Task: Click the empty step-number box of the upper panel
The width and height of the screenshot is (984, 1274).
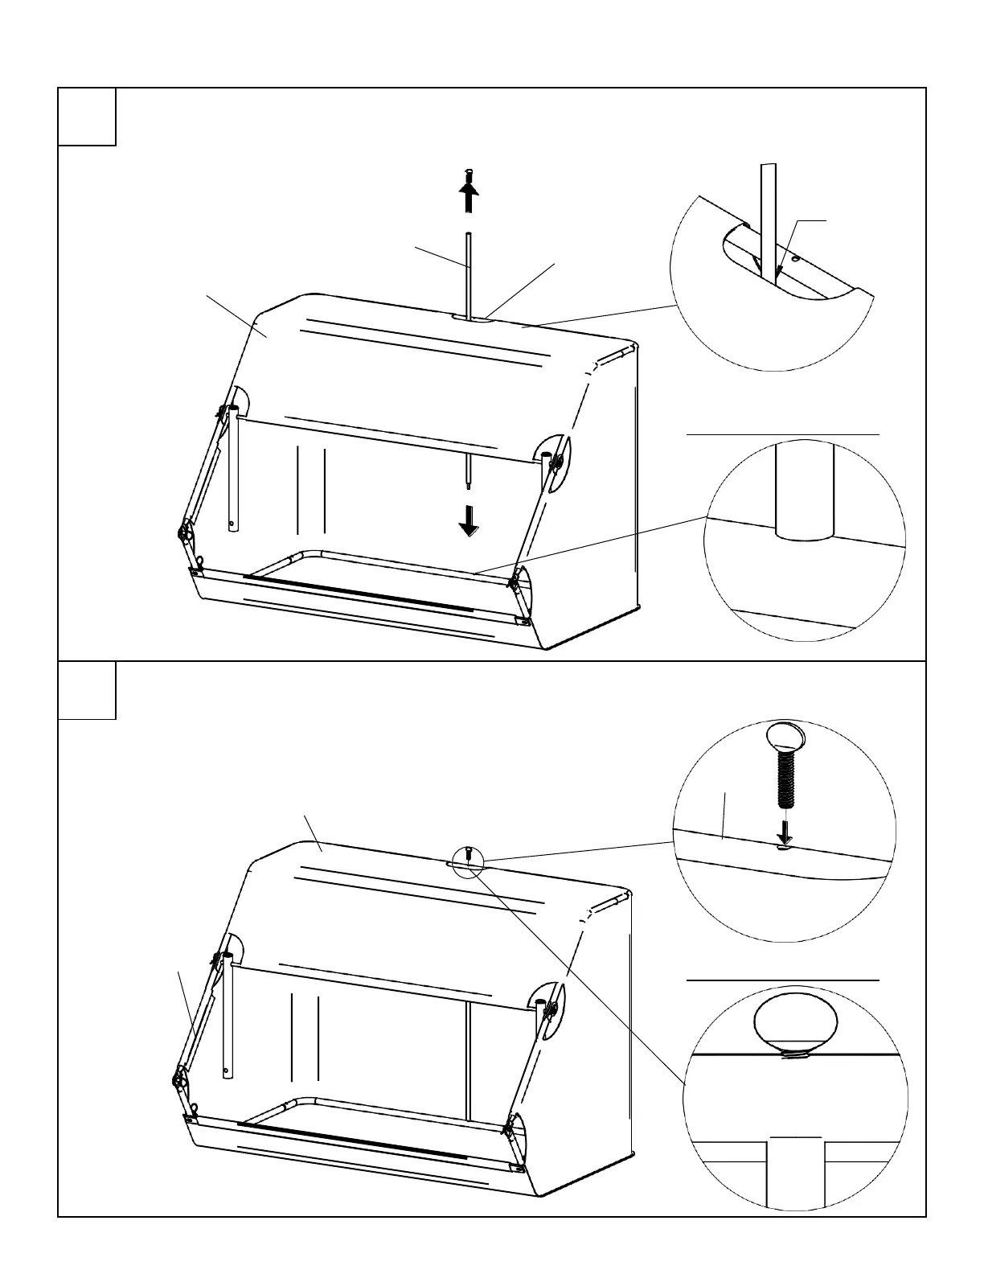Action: point(87,117)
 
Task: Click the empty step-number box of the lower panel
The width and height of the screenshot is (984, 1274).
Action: point(87,690)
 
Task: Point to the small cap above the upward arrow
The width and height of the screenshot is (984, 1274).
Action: point(469,175)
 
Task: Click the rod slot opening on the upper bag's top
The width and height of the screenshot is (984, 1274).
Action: point(474,319)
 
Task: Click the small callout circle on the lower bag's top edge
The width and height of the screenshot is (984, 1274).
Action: point(468,860)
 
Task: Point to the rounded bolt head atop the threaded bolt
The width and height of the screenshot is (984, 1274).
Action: point(785,737)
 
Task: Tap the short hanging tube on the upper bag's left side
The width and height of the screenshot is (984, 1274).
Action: point(232,466)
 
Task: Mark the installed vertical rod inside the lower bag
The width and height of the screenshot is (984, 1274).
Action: point(467,1062)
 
